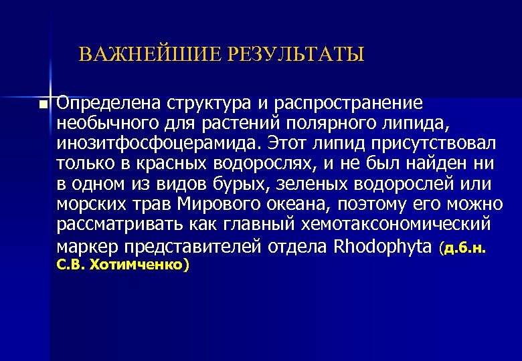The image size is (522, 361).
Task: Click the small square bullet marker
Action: pos(43,105)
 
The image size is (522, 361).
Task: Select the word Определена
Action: pos(107,104)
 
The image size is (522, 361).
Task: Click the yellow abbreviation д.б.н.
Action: pos(468,249)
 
